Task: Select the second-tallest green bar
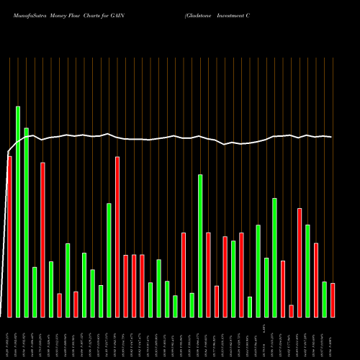(26, 222)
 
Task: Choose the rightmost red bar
(333, 300)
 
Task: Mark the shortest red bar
(291, 311)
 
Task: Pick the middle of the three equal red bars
(134, 286)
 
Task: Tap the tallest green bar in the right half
(200, 246)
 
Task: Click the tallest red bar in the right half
(300, 263)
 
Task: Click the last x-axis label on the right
(333, 343)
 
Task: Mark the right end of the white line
(331, 137)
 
